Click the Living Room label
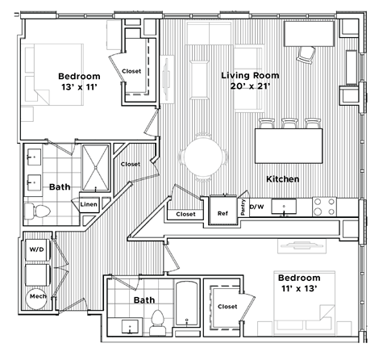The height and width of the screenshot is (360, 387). tap(249, 75)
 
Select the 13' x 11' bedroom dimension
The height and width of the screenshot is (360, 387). tap(79, 89)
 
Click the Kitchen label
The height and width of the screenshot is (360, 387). tap(283, 178)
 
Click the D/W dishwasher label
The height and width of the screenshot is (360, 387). tap(256, 207)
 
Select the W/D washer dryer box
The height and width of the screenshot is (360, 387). tap(37, 249)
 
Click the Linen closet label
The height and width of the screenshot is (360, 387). tap(89, 205)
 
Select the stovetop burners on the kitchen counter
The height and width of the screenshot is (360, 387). tap(323, 207)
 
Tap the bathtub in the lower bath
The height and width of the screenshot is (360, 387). tap(187, 305)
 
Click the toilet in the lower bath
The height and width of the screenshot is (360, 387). tap(158, 320)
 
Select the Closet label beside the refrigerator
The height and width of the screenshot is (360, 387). tap(185, 215)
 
